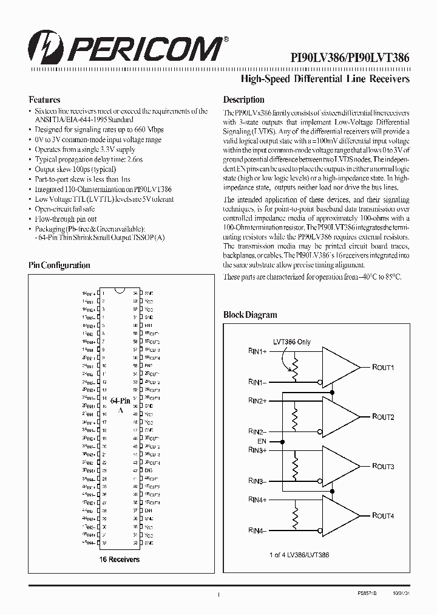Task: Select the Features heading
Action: pos(44,100)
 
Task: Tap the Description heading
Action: pos(243,100)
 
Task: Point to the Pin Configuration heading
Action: pos(59,265)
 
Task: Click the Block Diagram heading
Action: pos(250,315)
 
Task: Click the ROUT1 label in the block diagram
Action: pos(383,368)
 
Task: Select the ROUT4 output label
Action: pos(383,516)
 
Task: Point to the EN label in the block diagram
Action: pos(262,441)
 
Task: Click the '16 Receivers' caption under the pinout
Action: pos(118,559)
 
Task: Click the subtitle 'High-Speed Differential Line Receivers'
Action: pos(325,80)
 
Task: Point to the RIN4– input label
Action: pos(257,531)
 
